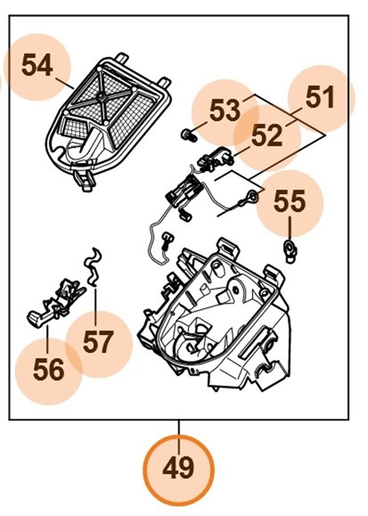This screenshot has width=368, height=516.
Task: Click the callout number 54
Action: (x=37, y=67)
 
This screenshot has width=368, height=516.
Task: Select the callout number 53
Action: (x=225, y=111)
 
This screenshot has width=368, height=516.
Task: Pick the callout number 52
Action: (x=267, y=135)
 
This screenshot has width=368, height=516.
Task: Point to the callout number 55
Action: (x=290, y=201)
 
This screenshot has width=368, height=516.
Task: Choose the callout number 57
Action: (x=99, y=342)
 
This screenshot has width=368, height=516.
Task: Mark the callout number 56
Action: (x=49, y=371)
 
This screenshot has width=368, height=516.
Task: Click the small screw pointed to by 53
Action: (x=188, y=135)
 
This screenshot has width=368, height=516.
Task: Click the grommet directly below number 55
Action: (x=291, y=250)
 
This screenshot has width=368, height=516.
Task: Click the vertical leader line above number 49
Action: (x=179, y=428)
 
